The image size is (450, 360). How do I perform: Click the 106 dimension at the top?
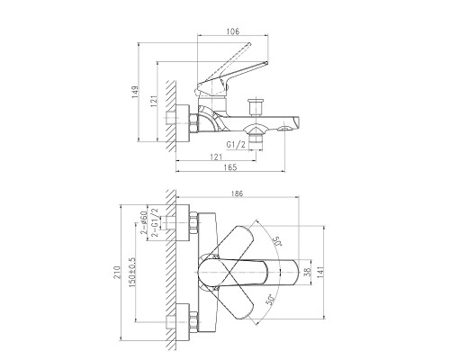pos(233,31)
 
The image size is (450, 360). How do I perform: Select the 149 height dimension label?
pos(135,92)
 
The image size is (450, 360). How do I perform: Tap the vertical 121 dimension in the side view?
pos(154,102)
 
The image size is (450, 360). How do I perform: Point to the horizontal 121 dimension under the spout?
pos(216,157)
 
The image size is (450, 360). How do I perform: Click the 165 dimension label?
pos(230,167)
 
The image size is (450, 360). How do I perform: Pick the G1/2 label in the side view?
pos(236,145)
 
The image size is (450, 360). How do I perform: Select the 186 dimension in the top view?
pos(237,193)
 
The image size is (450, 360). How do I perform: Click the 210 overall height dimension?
pos(117,272)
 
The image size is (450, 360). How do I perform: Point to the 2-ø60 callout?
pos(143,222)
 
